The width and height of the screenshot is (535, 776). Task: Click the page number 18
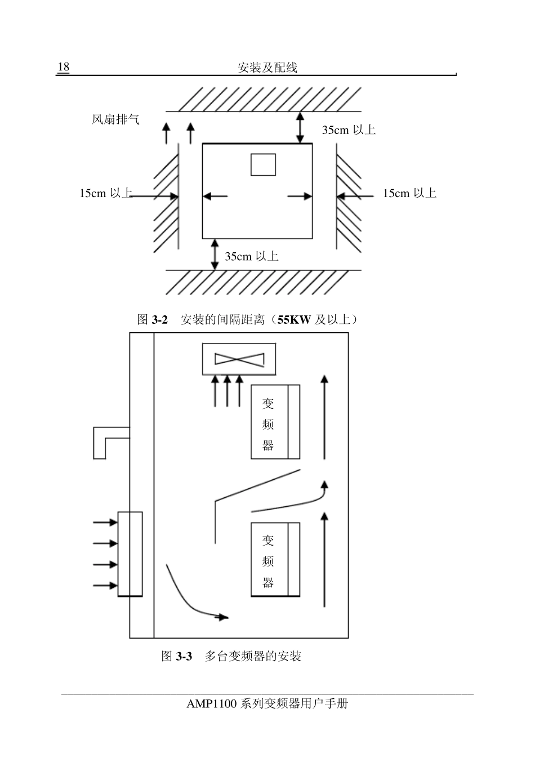click(x=64, y=66)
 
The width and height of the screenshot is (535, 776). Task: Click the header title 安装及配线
click(x=267, y=67)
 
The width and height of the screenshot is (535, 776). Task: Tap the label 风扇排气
click(x=115, y=119)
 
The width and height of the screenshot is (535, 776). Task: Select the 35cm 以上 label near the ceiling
click(x=349, y=130)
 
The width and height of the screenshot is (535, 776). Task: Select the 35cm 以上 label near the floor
click(x=252, y=256)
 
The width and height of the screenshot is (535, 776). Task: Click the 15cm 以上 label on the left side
click(x=106, y=193)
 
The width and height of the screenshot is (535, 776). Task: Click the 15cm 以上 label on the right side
click(x=409, y=193)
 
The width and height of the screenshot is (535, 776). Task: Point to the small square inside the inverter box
click(x=264, y=164)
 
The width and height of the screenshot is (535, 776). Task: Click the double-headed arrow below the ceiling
click(x=300, y=127)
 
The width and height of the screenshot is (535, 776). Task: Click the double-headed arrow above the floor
click(x=215, y=255)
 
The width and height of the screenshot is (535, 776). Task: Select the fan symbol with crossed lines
click(x=239, y=359)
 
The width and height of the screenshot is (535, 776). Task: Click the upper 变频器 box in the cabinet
click(x=275, y=422)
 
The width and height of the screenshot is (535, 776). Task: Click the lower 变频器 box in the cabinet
click(x=275, y=560)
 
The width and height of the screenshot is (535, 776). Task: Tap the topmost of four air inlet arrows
click(x=105, y=522)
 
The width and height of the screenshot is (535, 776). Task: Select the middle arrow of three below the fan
click(x=228, y=391)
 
